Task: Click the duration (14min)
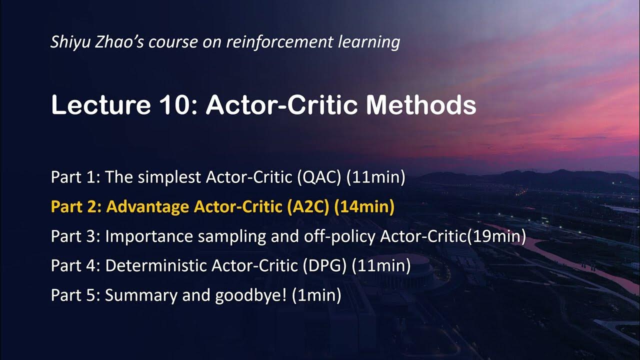pos(364,207)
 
